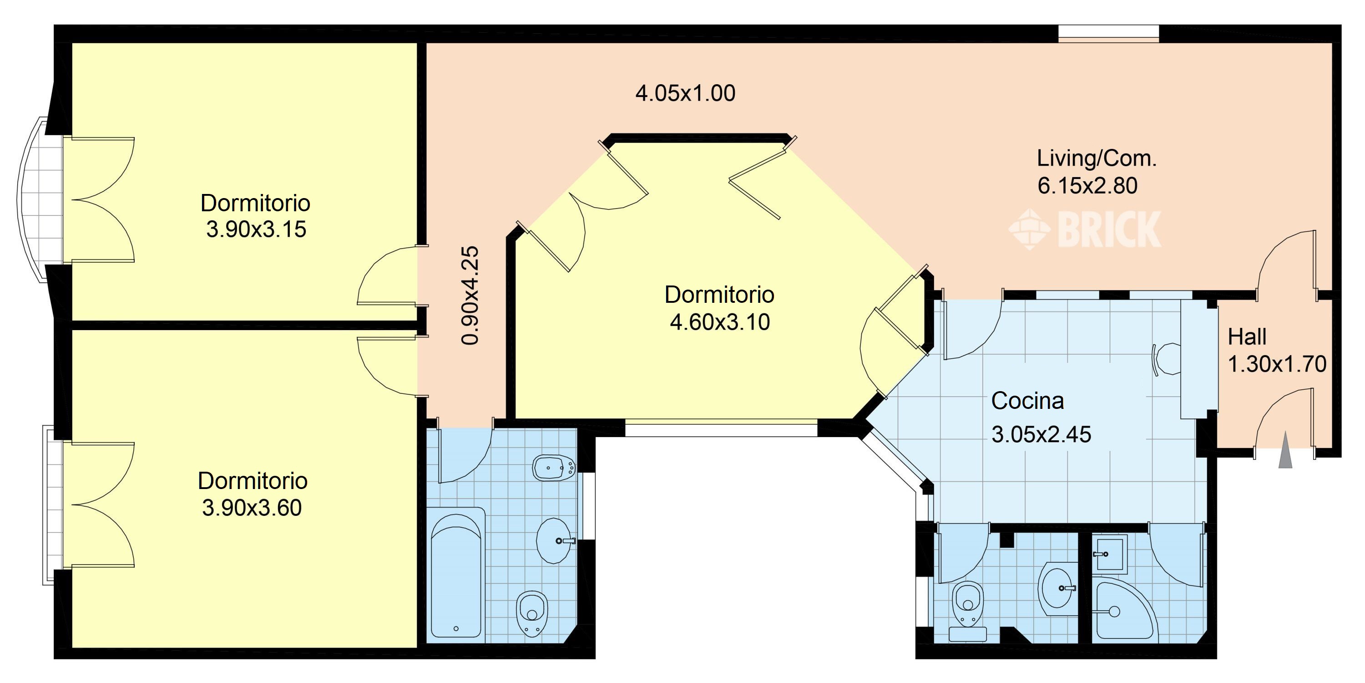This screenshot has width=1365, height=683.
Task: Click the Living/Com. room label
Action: [1097, 159]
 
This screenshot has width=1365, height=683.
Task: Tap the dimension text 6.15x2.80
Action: [1087, 186]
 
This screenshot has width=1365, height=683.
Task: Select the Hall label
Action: [1247, 337]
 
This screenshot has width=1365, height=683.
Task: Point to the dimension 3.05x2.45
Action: [1041, 435]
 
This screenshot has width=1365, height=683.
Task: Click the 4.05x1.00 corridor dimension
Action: [685, 94]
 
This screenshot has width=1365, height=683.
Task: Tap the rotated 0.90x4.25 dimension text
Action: [470, 296]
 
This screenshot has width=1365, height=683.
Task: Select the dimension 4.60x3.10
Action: [720, 322]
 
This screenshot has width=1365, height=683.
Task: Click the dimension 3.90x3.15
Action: [256, 229]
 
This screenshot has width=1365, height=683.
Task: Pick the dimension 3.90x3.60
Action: [252, 508]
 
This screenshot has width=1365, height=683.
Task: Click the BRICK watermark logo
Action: [1084, 229]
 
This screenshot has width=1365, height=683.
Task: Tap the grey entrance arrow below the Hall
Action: [1285, 451]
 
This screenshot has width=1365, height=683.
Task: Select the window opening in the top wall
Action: [1108, 33]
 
